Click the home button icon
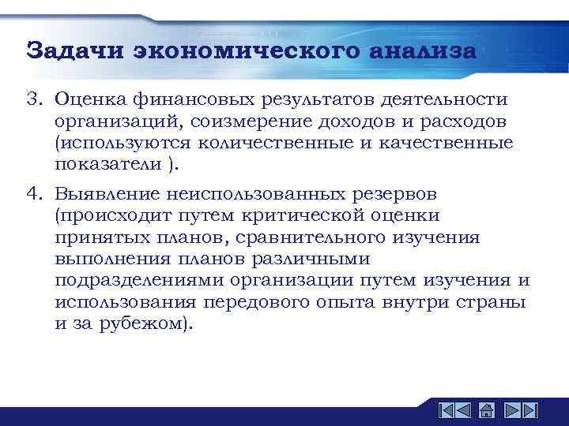pyautogui.click(x=487, y=411)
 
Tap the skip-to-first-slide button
pyautogui.click(x=447, y=411)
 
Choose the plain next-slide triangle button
pyautogui.click(x=511, y=411)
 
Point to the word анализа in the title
pyautogui.click(x=422, y=50)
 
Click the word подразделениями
pyautogui.click(x=139, y=281)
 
